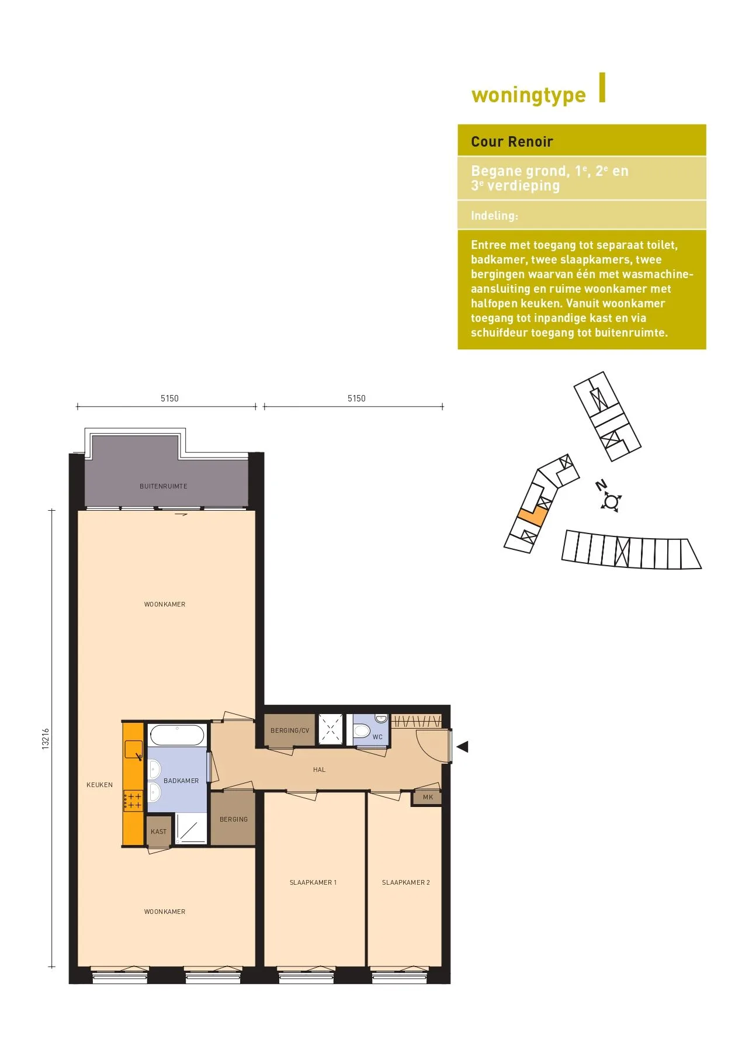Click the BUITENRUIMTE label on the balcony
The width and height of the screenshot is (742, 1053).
(x=164, y=486)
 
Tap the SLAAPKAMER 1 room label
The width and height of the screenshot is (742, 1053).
(x=313, y=882)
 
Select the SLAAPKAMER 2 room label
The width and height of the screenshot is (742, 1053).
(x=406, y=882)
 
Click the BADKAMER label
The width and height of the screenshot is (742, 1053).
(x=181, y=781)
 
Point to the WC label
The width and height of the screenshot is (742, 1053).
(x=377, y=737)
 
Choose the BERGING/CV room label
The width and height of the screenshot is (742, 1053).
(x=290, y=730)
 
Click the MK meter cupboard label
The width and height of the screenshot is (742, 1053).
(x=428, y=797)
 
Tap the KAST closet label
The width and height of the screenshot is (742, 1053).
(x=159, y=832)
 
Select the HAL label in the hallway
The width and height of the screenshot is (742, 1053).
(x=319, y=770)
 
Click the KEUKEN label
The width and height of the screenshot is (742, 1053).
(x=100, y=785)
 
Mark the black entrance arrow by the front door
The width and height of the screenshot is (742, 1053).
(x=462, y=747)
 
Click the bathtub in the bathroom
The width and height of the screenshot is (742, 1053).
(x=177, y=735)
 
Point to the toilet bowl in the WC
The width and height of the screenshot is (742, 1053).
(x=362, y=730)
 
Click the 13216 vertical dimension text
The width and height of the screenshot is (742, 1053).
(x=46, y=739)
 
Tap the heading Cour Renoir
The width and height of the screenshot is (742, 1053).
(x=512, y=141)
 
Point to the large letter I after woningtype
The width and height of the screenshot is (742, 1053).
(x=602, y=88)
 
